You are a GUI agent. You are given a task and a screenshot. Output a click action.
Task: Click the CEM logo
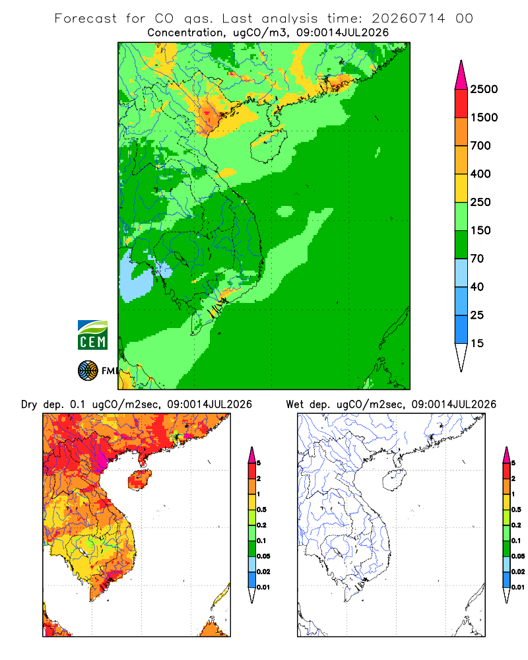coord(92,335)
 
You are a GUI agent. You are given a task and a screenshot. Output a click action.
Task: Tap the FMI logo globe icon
coord(88,370)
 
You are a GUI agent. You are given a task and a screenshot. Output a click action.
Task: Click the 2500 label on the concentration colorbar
coord(484,89)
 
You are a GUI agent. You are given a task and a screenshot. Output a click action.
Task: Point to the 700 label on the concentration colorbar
coord(480,146)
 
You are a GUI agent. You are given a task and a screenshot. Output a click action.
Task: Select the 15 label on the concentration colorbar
coord(477,343)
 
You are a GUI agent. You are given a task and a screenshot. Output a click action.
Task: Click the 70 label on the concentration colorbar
coord(477,259)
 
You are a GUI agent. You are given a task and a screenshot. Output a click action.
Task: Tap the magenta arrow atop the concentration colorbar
coord(461,76)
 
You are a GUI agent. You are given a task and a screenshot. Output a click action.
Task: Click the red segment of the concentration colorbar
coord(461,104)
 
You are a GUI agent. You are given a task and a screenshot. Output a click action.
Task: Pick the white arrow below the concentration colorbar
coord(461,357)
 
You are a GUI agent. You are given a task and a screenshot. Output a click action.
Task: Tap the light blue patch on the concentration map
coord(135,275)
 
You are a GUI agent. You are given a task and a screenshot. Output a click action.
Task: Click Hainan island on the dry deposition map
coord(139,479)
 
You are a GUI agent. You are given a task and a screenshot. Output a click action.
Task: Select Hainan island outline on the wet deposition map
coord(393,480)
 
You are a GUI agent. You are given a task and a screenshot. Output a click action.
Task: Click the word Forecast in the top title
coord(86,18)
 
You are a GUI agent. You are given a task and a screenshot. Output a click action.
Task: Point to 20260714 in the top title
coord(408,18)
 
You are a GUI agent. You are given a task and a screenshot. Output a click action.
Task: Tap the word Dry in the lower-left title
coord(29,405)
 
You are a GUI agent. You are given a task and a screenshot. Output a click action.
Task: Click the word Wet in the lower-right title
coord(294,405)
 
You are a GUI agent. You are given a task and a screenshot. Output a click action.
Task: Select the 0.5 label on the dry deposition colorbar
coord(261,510)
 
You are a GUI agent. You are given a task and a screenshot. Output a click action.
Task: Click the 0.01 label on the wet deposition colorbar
coord(518,587)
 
